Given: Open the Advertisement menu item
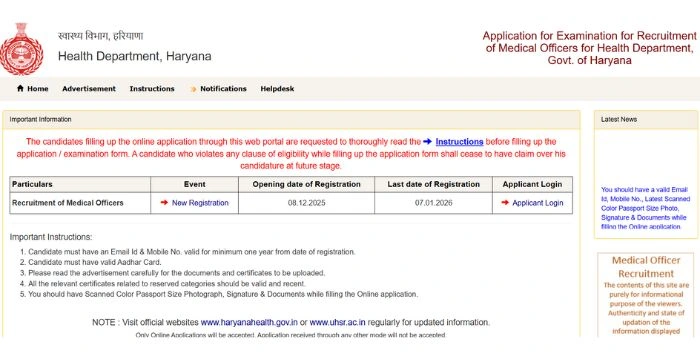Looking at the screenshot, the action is (88, 89).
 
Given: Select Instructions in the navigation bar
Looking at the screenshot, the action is (152, 89).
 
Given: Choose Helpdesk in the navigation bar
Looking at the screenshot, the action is (277, 89).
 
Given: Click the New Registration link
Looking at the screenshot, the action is (199, 203).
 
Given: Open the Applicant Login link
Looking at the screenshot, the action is (537, 203).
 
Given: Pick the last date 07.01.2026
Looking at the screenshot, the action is (433, 203).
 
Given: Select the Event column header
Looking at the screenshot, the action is (194, 185).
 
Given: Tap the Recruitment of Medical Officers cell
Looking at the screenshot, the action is (67, 203).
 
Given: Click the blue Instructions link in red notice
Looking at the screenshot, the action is (459, 142).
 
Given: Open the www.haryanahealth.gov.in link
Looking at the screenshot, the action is (252, 323).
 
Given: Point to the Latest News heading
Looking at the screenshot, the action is (618, 119).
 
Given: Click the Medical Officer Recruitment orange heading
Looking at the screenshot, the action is (645, 267).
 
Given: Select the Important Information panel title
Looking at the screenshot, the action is (40, 119).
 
